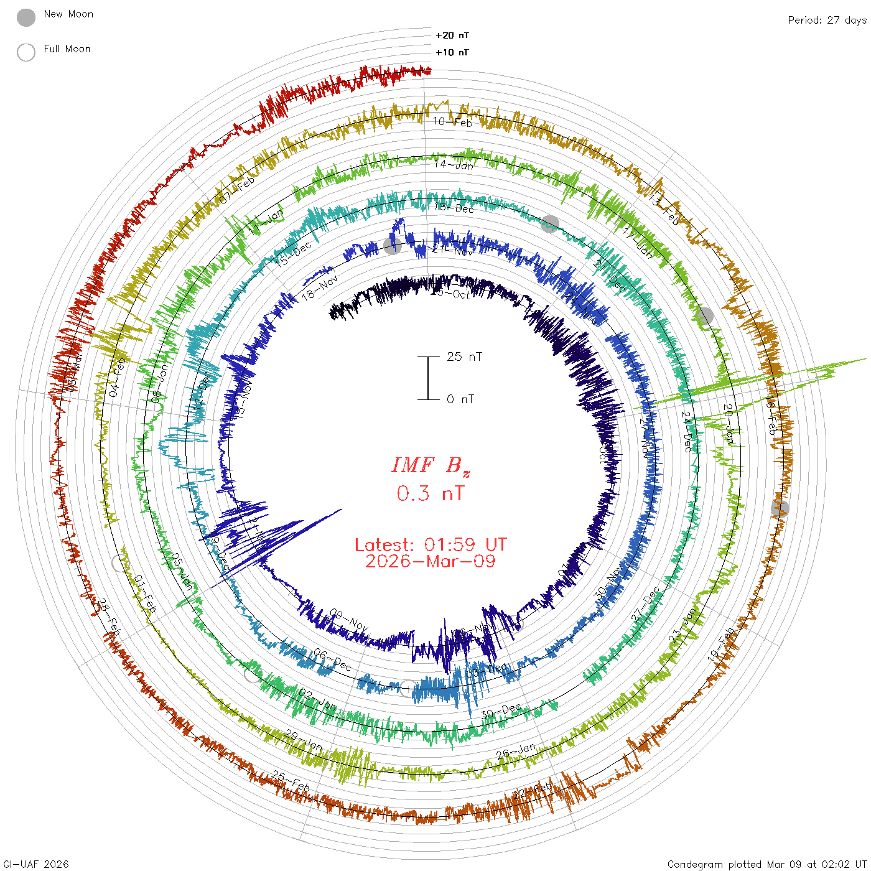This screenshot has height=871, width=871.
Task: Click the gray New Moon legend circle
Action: pos(26,18)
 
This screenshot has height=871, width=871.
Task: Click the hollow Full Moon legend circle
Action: pos(26,52)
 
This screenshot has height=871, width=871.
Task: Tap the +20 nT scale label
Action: pos(452,35)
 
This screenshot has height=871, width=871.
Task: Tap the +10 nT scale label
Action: pos(452,52)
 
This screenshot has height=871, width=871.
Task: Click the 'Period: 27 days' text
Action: pos(827,20)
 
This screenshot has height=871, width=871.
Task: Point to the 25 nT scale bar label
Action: pos(464,356)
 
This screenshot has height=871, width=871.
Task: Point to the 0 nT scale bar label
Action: pos(460,399)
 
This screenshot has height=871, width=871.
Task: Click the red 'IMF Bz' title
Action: pos(431,465)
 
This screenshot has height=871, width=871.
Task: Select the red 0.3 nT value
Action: pos(431,493)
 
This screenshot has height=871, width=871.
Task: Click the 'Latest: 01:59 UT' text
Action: pos(431,545)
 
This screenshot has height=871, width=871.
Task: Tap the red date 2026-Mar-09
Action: pos(431,561)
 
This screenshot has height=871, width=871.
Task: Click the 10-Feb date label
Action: pos(453,122)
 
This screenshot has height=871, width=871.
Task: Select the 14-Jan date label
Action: pos(454,165)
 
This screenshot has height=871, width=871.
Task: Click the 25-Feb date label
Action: pos(291,781)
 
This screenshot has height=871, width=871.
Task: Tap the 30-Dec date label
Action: pos(501,711)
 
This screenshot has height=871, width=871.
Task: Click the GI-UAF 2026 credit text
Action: pos(36,864)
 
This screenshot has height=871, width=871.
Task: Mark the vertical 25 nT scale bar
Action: pos(428,378)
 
